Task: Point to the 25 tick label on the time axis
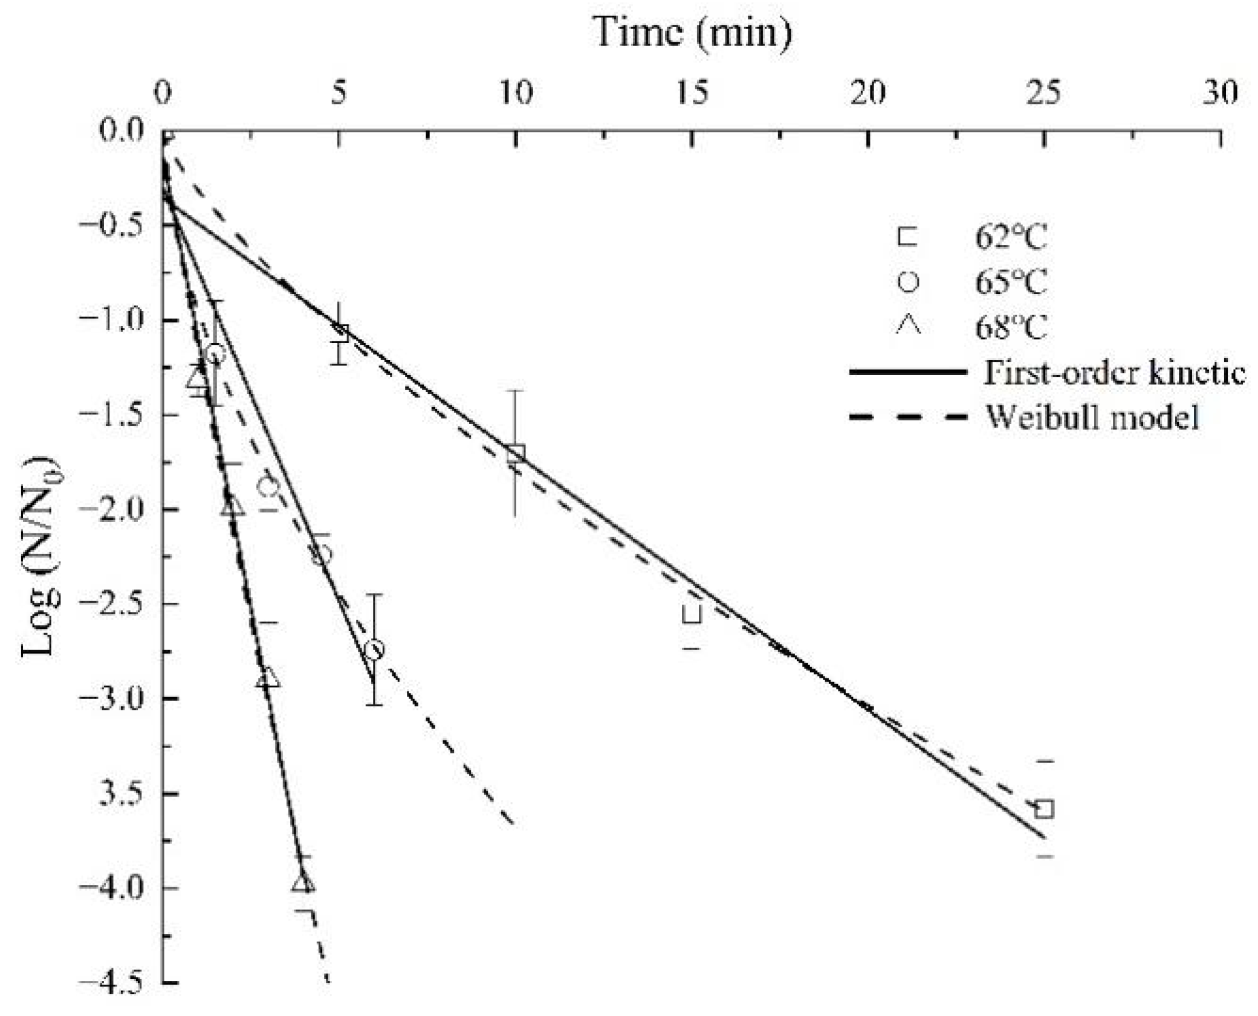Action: point(1043,92)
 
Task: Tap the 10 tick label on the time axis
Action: point(516,92)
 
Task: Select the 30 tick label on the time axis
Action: point(1220,92)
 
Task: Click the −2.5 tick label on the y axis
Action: point(112,603)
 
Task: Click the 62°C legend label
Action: point(1011,237)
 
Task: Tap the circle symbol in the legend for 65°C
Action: point(908,282)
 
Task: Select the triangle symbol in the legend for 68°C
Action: point(908,326)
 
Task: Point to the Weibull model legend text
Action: point(1092,417)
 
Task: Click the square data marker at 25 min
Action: point(1044,809)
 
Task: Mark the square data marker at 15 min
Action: point(692,614)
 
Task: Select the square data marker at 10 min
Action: point(516,453)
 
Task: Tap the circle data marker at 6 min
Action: point(374,650)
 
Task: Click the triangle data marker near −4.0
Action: point(303,883)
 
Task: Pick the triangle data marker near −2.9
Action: point(268,678)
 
